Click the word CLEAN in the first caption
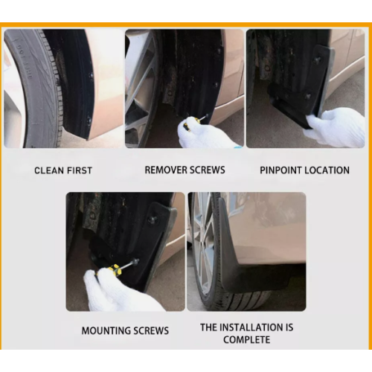(x=49, y=170)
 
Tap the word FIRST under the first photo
(x=80, y=170)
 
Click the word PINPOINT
(x=280, y=170)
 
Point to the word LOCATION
(x=327, y=170)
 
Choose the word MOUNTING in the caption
(x=106, y=330)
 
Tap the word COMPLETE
(x=246, y=339)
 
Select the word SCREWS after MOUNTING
(x=151, y=330)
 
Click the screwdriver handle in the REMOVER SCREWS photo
(x=189, y=124)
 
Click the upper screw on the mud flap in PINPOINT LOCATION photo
(x=318, y=59)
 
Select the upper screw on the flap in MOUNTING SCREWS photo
(x=151, y=219)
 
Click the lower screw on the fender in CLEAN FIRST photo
(x=89, y=121)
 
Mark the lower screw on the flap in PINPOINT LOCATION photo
(x=308, y=96)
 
